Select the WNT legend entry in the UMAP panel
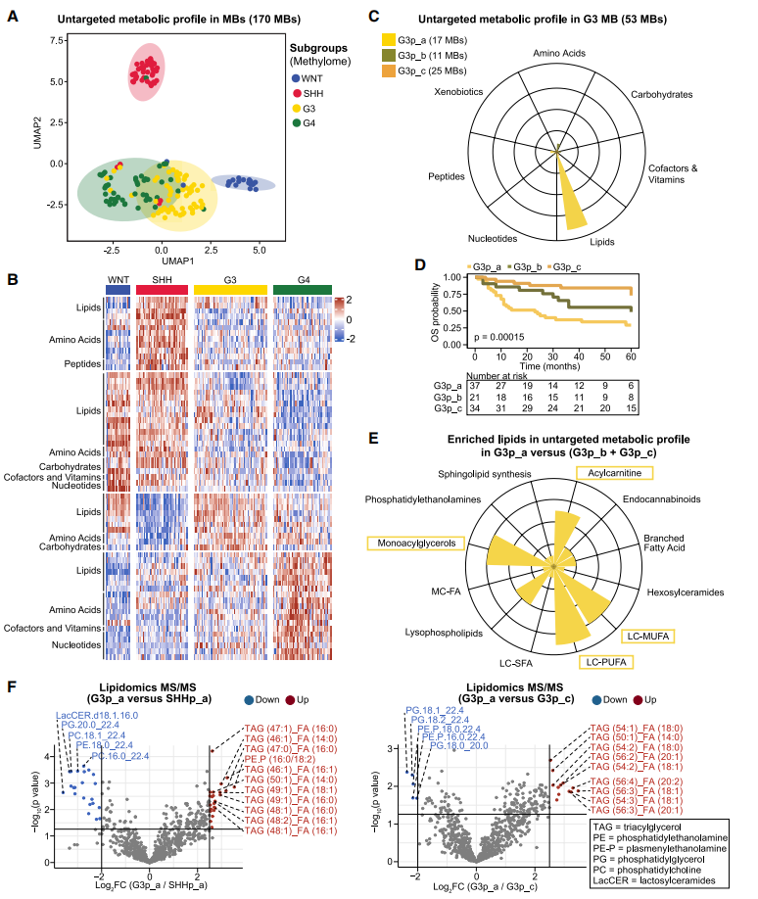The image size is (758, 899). coord(311,77)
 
